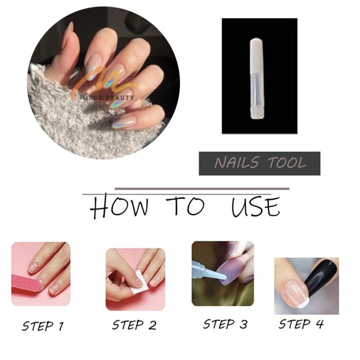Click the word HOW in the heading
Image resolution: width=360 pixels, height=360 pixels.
pyautogui.click(x=119, y=206)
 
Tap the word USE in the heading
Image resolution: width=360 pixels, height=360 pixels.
pyautogui.click(x=256, y=207)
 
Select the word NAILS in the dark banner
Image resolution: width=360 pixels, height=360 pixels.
pyautogui.click(x=237, y=163)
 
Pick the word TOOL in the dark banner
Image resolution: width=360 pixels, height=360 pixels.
pyautogui.click(x=287, y=163)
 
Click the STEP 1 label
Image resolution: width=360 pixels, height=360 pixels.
pyautogui.click(x=43, y=326)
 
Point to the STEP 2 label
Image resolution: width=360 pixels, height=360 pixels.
pyautogui.click(x=134, y=325)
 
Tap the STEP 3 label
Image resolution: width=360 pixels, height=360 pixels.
pyautogui.click(x=225, y=324)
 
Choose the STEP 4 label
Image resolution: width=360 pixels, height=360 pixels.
pyautogui.click(x=301, y=324)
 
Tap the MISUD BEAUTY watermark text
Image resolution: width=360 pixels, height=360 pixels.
pyautogui.click(x=107, y=98)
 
